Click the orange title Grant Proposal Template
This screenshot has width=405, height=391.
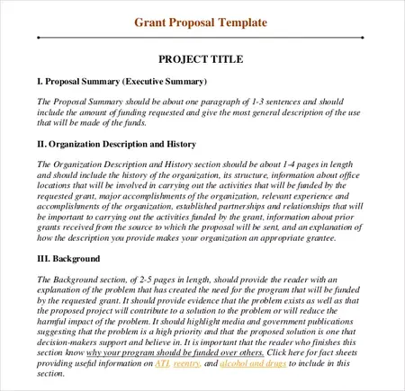201,21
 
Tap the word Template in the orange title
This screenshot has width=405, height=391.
237,21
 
